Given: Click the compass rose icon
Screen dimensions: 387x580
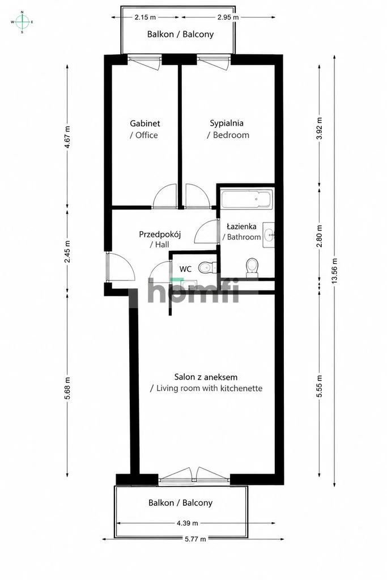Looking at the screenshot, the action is (x=22, y=22).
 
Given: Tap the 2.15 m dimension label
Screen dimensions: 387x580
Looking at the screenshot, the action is (x=145, y=17).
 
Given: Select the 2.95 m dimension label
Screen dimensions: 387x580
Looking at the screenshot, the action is (x=228, y=17).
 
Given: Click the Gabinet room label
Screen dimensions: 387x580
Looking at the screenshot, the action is (x=145, y=123).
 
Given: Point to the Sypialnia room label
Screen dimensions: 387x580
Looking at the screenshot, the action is (x=227, y=123).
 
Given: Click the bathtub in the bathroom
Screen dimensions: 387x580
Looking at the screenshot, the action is (x=247, y=199).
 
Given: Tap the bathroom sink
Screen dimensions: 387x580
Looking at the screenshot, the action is (x=269, y=235).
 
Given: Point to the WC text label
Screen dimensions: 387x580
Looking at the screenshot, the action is (x=185, y=269).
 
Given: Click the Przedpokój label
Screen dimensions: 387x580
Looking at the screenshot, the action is (x=160, y=234).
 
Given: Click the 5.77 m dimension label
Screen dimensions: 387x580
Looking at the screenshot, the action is (x=195, y=539).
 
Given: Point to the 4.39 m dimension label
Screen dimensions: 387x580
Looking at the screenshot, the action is (x=187, y=523).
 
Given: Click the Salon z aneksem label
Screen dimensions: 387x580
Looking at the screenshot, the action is (x=206, y=377).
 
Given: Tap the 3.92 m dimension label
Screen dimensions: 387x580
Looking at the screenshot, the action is (x=320, y=127).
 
